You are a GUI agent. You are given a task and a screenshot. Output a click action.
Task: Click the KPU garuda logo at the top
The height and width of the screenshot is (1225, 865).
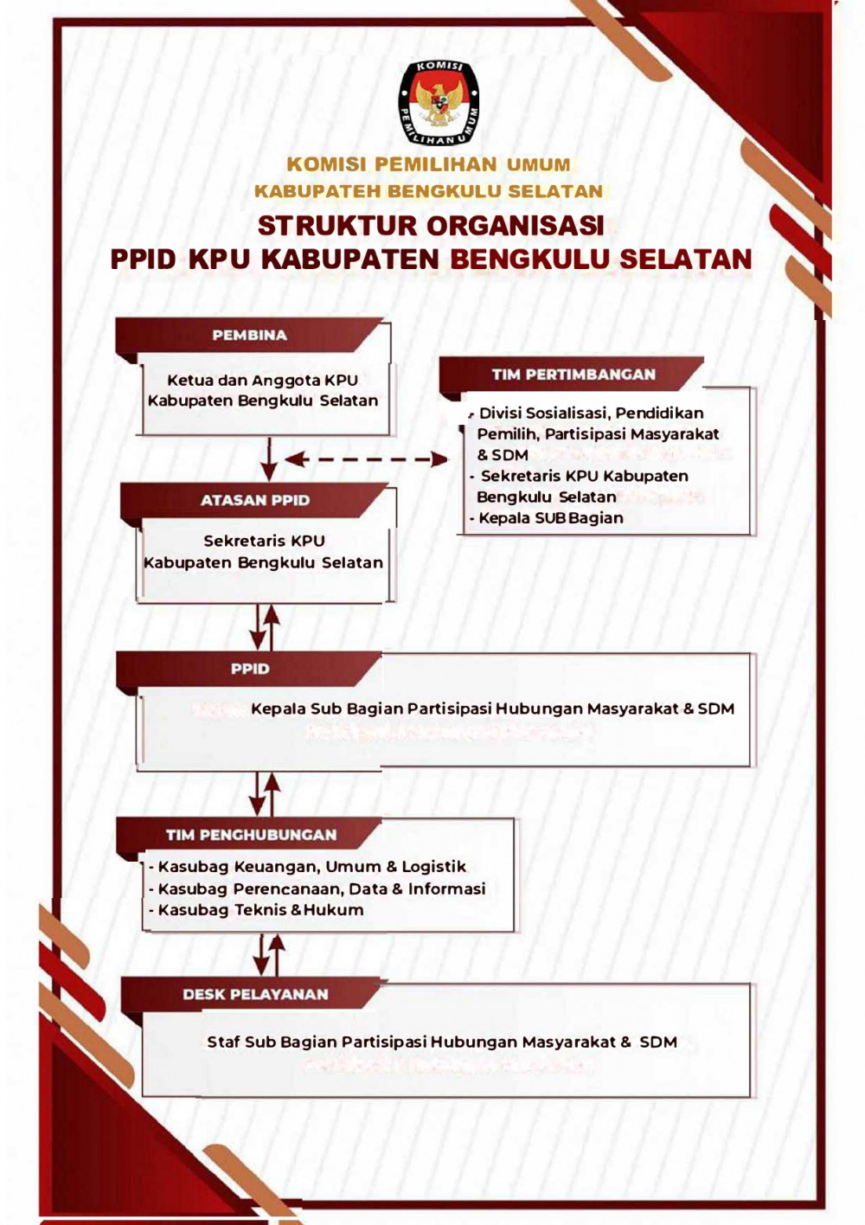(x=439, y=102)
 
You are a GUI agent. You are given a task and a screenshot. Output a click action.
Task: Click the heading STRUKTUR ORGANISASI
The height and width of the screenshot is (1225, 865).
(x=431, y=226)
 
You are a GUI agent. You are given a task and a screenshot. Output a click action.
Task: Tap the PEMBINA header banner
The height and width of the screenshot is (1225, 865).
(x=249, y=336)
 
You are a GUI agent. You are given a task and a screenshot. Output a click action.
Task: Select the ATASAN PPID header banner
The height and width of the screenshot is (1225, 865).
(x=255, y=500)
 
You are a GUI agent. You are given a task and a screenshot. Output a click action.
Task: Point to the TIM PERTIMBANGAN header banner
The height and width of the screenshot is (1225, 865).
(x=573, y=375)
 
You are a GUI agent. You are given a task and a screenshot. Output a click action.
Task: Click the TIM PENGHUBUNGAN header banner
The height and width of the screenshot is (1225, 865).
(x=251, y=835)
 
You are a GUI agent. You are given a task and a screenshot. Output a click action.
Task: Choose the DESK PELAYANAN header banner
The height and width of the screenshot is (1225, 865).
(x=255, y=995)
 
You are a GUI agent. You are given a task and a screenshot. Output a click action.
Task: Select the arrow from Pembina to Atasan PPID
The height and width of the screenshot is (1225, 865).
(x=269, y=459)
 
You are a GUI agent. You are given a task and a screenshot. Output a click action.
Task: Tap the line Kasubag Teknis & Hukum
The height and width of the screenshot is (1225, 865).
(x=260, y=910)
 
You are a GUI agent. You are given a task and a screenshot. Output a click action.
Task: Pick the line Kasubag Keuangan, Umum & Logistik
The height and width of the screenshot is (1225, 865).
(x=311, y=867)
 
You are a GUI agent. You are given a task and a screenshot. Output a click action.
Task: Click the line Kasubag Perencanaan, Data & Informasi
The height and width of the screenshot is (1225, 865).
(x=321, y=888)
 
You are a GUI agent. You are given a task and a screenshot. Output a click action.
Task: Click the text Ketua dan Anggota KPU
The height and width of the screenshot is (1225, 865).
(x=262, y=380)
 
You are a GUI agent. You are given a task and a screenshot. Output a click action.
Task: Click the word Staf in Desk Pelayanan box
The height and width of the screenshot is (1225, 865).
(x=223, y=1042)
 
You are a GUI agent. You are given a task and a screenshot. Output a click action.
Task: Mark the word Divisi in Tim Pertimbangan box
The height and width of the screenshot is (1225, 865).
(x=500, y=414)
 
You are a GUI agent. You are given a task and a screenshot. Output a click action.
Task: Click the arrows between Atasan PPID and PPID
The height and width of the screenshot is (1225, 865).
(x=265, y=627)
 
